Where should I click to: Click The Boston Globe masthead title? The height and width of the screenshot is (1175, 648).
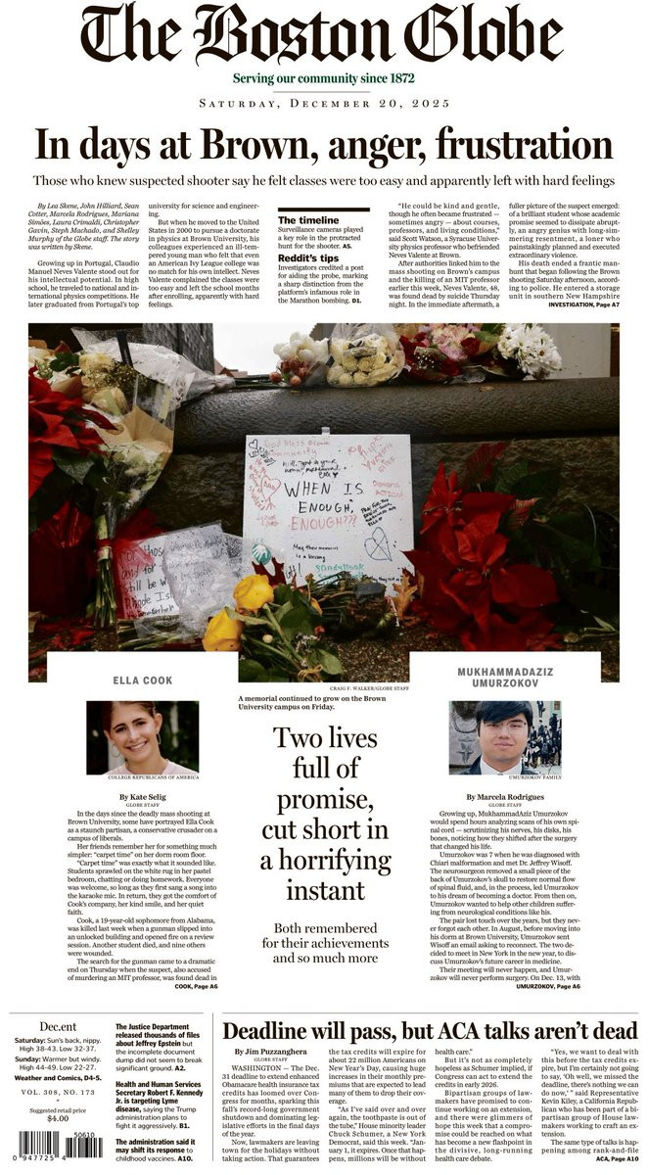click(323, 35)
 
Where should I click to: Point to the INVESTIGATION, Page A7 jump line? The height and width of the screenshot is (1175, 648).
click(584, 305)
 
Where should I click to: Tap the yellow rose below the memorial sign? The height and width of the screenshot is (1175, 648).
click(253, 592)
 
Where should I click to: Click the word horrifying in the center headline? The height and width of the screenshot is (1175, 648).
click(324, 862)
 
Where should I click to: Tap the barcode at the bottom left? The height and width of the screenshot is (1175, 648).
click(55, 1158)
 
